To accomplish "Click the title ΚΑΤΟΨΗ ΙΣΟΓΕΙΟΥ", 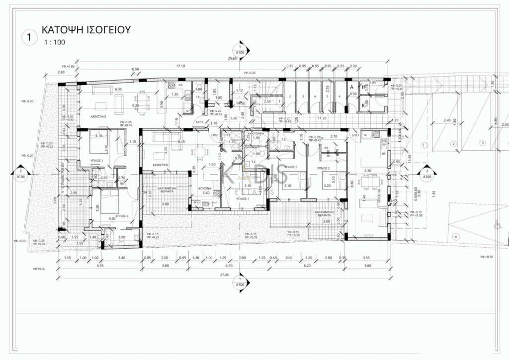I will coord(86,30).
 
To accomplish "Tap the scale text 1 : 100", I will coord(54,42).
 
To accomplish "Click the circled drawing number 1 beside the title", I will coord(30,36).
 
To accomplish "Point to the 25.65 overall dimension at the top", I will coord(240,59).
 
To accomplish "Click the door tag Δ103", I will coord(199,122).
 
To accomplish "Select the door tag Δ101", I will coord(355,135).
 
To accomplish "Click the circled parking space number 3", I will coord(482,143).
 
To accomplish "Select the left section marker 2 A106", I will coord(20,173).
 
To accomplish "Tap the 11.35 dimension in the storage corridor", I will coord(322,118).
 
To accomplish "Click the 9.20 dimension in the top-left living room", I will coord(135,105).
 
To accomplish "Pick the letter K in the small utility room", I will coord(364,105).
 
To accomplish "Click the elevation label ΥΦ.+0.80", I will coord(68,66).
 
